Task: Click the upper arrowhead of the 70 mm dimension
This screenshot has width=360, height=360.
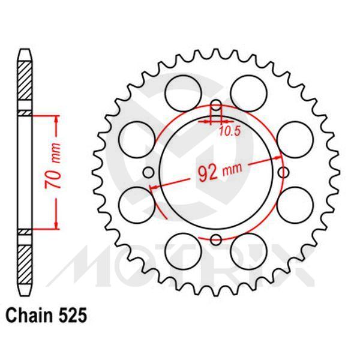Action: (x=56, y=118)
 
